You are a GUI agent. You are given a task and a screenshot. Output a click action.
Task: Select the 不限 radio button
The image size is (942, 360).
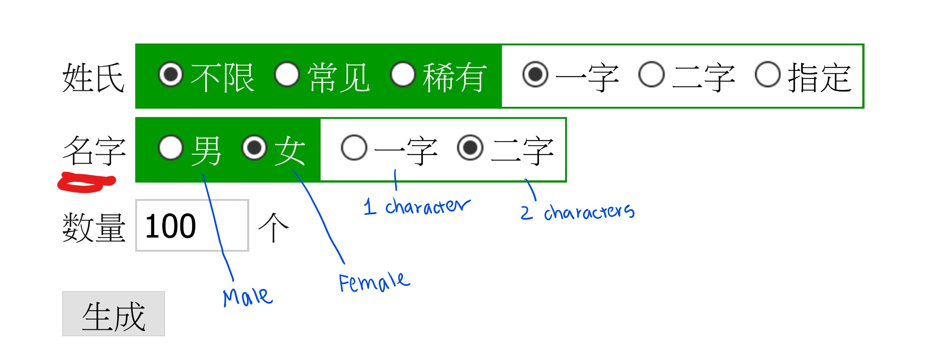tap(170, 74)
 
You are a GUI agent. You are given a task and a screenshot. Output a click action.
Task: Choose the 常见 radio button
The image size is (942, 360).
tap(287, 74)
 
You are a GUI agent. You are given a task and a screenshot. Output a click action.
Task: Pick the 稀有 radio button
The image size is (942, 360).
tap(403, 74)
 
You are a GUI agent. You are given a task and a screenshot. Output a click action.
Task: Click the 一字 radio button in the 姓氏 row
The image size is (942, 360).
tap(536, 74)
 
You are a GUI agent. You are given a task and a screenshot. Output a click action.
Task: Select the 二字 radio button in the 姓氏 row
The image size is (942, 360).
tap(651, 74)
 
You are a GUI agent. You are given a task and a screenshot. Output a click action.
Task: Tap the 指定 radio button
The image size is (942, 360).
tap(768, 74)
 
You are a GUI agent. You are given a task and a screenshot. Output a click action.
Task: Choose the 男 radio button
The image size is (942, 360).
tap(170, 148)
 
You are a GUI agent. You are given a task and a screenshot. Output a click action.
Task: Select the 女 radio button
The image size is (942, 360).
tap(254, 148)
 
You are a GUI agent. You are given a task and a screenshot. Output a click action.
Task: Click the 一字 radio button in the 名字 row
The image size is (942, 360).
tap(353, 148)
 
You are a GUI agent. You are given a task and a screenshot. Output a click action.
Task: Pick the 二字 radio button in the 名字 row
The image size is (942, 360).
tap(470, 148)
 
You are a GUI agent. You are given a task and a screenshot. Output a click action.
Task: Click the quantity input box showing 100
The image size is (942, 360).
tap(192, 225)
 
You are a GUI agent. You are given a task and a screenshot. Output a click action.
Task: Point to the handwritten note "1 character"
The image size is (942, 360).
tap(417, 207)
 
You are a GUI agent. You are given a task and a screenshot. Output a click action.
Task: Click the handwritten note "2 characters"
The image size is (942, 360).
tap(578, 212)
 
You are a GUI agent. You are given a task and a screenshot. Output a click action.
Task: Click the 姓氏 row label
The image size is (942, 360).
tap(94, 77)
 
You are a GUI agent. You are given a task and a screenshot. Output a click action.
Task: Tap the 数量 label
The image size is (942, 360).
tap(94, 228)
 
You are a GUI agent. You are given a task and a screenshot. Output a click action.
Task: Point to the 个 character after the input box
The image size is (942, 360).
tap(273, 228)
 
